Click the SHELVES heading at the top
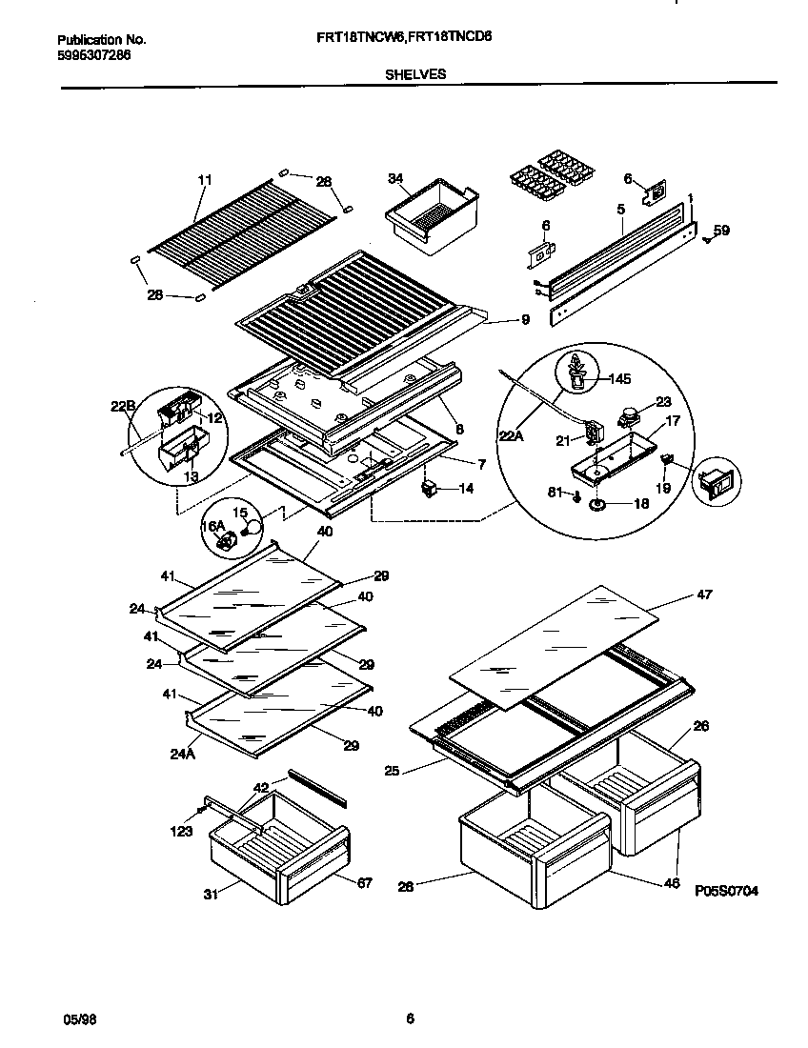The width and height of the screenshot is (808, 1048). [x=415, y=72]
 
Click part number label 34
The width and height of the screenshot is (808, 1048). [x=396, y=178]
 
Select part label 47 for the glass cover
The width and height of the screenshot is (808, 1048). [x=704, y=595]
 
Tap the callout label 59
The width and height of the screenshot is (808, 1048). [x=721, y=230]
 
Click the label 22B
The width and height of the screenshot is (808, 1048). [x=123, y=407]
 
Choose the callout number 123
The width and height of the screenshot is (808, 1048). [x=181, y=831]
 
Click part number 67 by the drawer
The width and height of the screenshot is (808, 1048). [x=363, y=881]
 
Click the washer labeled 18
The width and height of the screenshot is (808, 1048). [x=601, y=504]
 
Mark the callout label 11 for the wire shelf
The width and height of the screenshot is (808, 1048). [x=204, y=179]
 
